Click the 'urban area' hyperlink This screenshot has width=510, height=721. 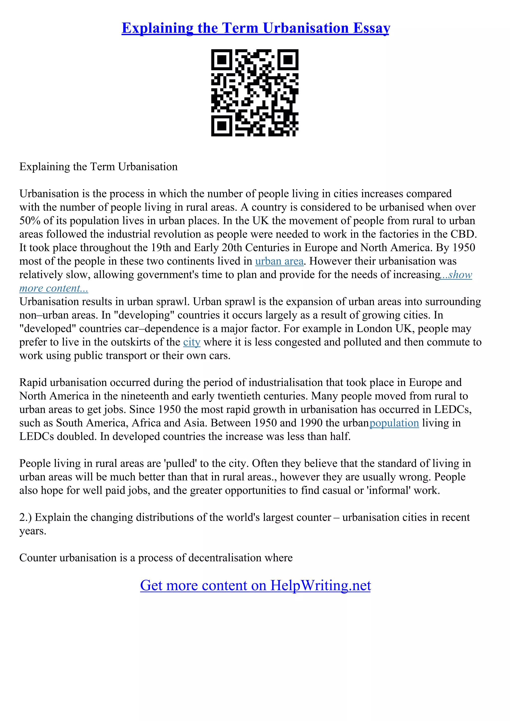click(279, 261)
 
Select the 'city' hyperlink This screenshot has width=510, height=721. click(192, 342)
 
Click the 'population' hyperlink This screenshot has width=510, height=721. click(394, 423)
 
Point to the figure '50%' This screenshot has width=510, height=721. click(30, 220)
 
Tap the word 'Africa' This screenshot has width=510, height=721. click(146, 423)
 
